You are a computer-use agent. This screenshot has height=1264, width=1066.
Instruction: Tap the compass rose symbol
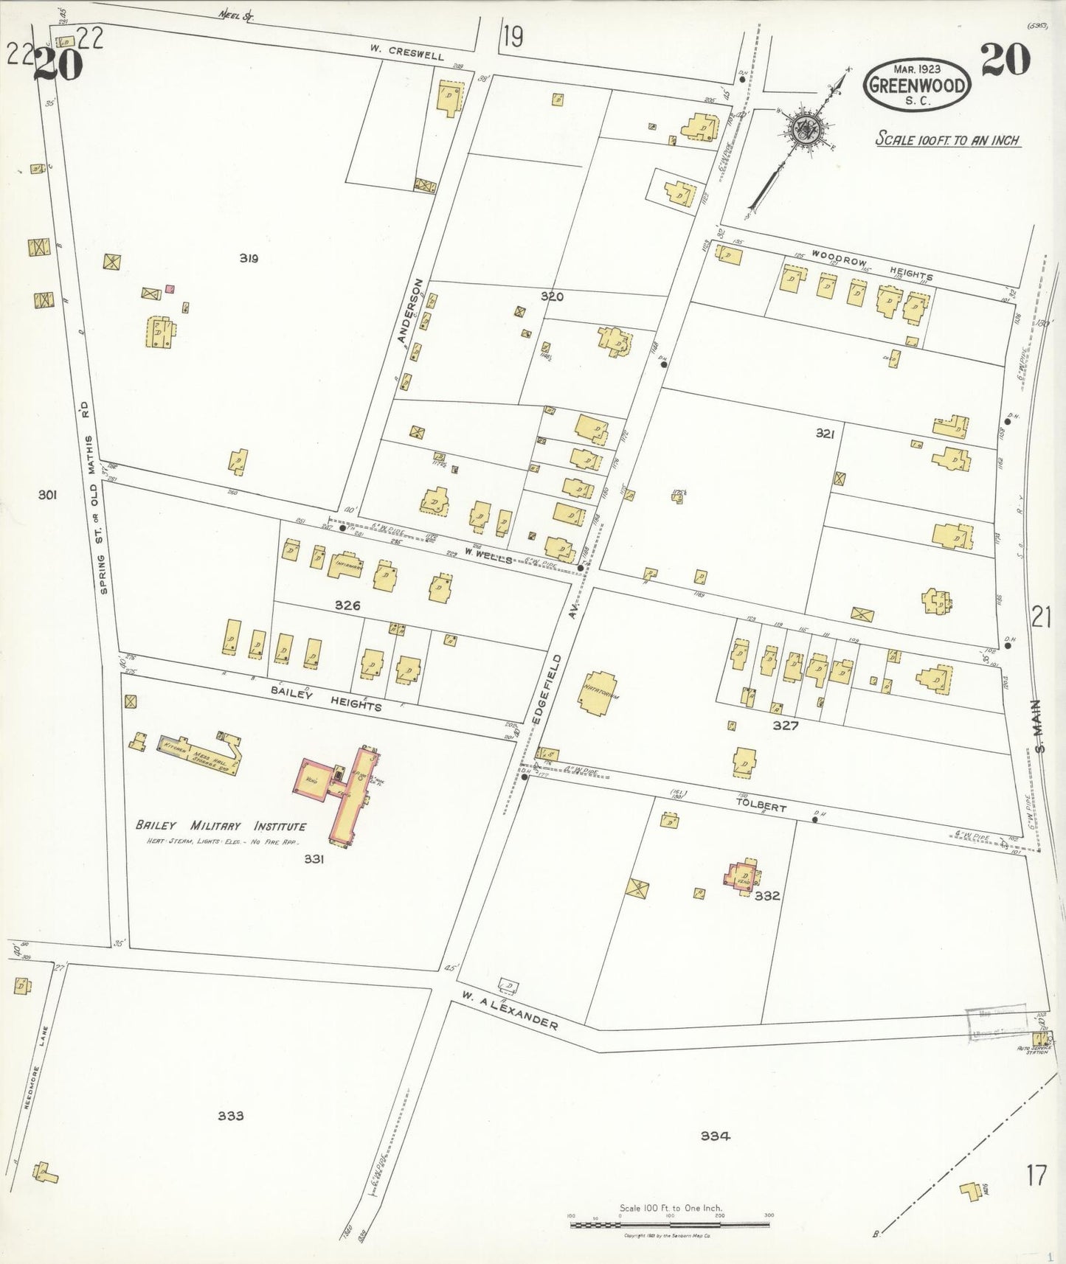(x=802, y=130)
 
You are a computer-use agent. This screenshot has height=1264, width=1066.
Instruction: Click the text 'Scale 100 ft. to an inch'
(x=947, y=139)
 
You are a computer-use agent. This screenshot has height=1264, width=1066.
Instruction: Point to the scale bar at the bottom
(x=670, y=1225)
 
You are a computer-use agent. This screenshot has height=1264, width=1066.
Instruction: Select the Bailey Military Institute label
(x=221, y=826)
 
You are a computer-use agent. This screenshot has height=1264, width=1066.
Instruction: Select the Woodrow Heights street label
(x=872, y=264)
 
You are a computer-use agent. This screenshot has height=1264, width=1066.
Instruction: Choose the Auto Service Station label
(x=1033, y=1050)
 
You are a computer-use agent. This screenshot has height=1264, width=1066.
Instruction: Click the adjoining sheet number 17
(x=1036, y=1175)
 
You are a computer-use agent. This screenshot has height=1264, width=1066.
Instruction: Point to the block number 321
(x=825, y=434)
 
